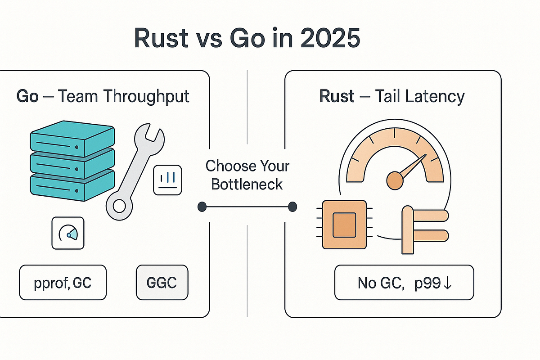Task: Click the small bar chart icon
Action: tap(167, 180)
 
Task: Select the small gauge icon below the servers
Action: tap(68, 233)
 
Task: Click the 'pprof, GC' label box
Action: tap(63, 283)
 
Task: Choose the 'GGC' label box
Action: tap(162, 283)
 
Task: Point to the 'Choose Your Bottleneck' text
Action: tap(247, 175)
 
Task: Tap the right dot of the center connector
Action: tap(292, 207)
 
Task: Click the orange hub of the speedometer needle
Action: tap(395, 179)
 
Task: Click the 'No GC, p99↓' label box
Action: tap(404, 283)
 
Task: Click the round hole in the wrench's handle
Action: tap(120, 206)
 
